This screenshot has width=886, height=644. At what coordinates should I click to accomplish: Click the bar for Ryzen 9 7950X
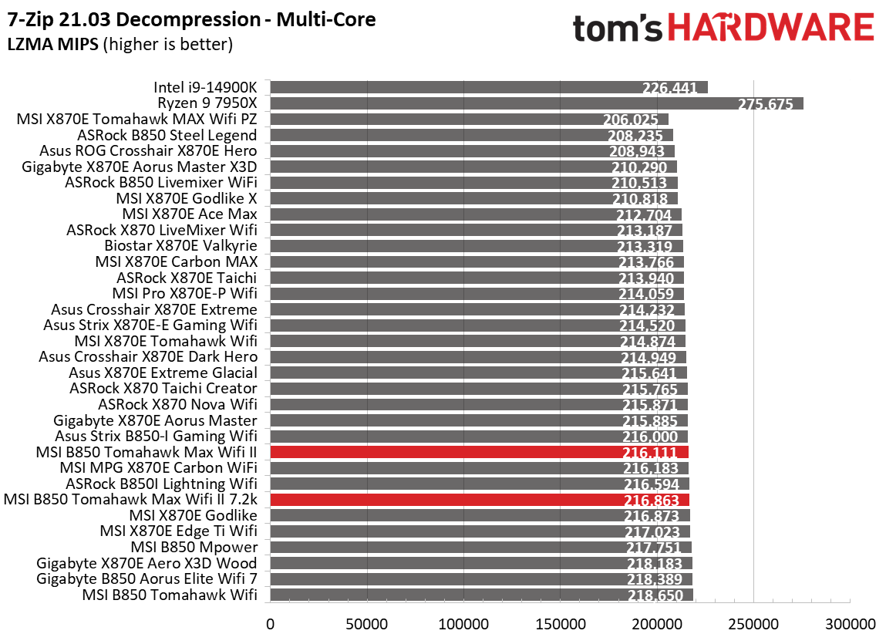(x=536, y=103)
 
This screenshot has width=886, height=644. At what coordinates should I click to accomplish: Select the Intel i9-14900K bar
(x=488, y=87)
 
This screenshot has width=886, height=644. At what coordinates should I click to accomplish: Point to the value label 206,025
(x=631, y=120)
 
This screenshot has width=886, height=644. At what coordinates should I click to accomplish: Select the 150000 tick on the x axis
(x=560, y=623)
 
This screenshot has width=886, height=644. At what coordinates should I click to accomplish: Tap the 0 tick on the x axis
(x=270, y=623)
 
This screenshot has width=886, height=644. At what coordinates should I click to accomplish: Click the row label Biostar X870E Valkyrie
(x=180, y=246)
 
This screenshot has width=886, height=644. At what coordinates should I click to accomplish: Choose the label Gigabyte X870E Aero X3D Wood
(x=146, y=563)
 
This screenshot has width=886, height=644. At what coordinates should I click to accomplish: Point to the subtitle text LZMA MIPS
(x=52, y=44)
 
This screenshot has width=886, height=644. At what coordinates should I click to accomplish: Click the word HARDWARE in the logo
(x=771, y=29)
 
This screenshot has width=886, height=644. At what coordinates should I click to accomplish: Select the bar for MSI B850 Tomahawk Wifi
(x=481, y=595)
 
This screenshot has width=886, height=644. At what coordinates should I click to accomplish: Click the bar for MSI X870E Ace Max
(x=475, y=214)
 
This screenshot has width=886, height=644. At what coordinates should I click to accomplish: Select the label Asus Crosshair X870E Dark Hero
(x=148, y=356)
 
